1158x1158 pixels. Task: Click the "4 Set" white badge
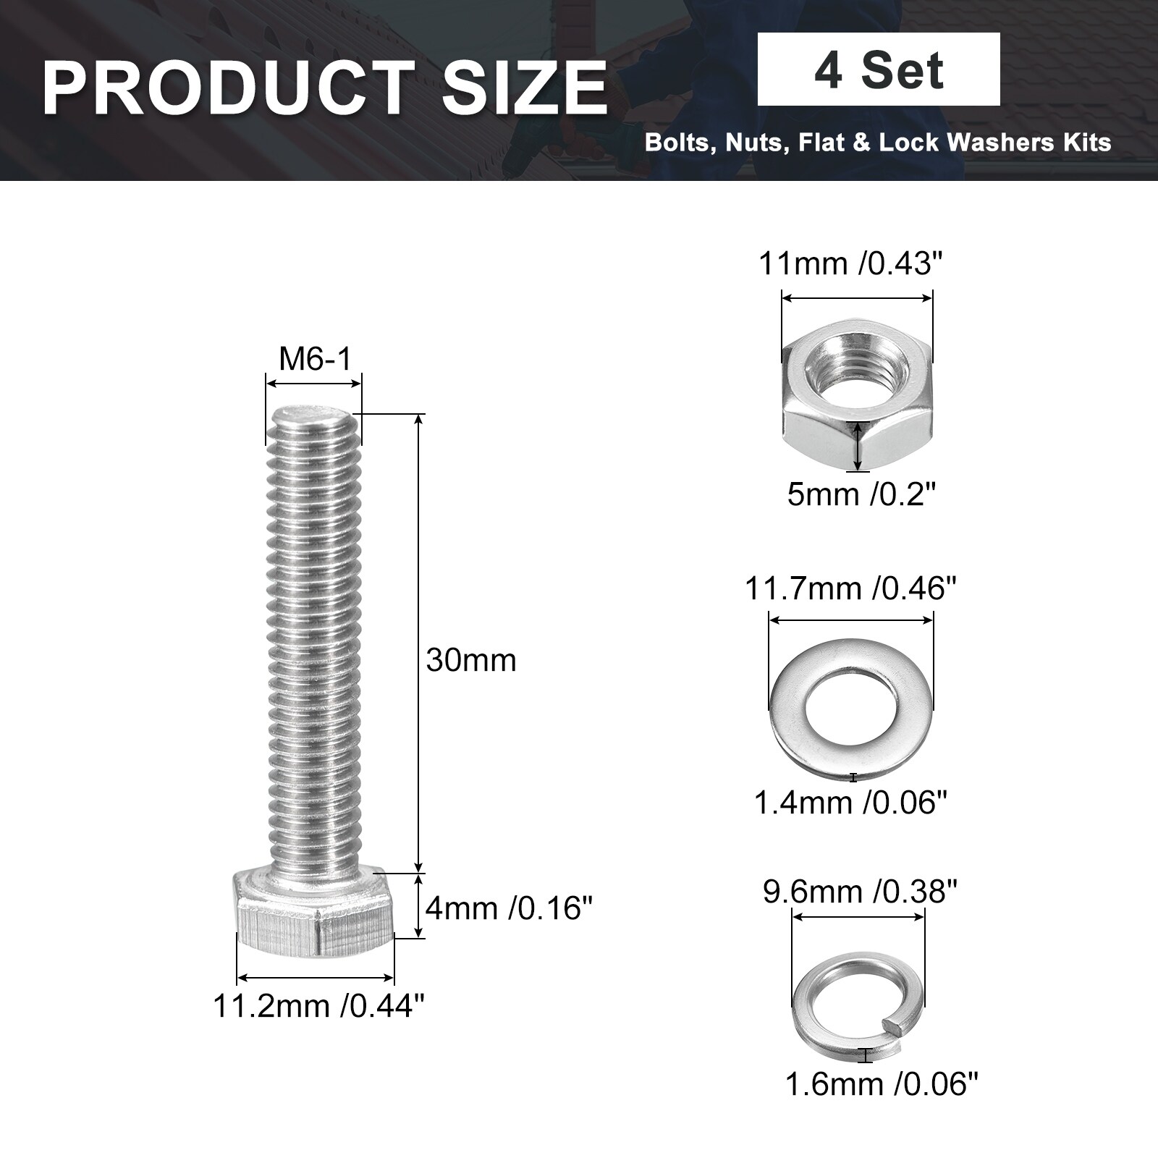point(879,69)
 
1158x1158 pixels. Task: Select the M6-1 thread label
point(315,358)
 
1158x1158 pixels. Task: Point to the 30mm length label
point(471,660)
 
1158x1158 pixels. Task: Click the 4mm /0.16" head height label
point(509,908)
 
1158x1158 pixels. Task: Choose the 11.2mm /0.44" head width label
point(319,1005)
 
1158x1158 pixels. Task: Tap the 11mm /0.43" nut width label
point(852,263)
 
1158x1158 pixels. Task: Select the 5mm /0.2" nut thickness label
point(861,495)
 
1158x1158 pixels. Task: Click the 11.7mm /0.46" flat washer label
point(851,588)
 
